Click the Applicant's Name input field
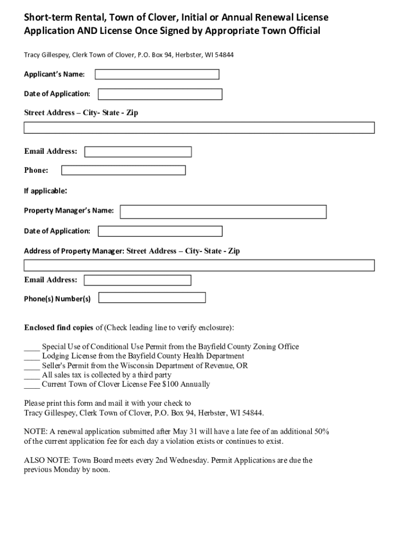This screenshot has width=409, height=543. [x=156, y=74]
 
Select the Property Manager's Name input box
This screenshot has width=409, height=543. [x=223, y=212]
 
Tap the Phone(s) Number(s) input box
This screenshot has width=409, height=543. [x=152, y=297]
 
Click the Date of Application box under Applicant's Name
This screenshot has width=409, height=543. [x=160, y=94]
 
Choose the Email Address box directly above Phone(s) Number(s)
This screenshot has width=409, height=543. [x=138, y=280]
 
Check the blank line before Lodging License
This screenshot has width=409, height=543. [x=31, y=356]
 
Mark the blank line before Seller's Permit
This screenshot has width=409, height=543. [x=31, y=366]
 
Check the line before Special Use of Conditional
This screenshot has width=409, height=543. [x=31, y=347]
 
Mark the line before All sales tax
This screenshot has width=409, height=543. [x=31, y=375]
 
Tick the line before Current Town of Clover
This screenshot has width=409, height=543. [x=31, y=384]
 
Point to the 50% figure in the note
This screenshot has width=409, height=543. [x=321, y=432]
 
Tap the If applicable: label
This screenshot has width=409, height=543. [x=45, y=191]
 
